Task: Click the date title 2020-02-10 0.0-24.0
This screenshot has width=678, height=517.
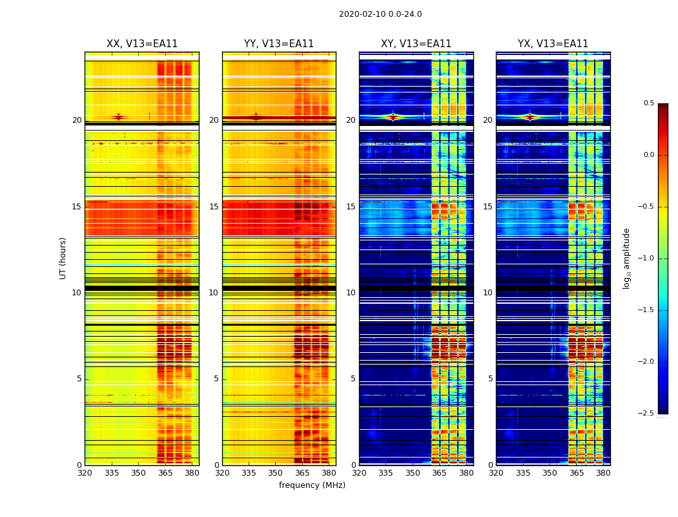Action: click(380, 14)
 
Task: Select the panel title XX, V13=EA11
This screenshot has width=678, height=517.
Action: click(142, 44)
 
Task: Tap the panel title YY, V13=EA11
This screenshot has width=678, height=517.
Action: click(279, 44)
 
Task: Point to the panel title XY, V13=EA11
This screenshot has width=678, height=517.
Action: click(416, 44)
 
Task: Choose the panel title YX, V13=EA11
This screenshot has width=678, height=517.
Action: click(553, 44)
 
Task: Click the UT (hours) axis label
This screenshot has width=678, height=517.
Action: click(63, 258)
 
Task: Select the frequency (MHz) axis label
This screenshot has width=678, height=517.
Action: click(312, 485)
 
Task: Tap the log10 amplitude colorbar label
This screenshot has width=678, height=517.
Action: click(626, 258)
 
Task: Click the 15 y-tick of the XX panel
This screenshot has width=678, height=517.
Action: click(77, 207)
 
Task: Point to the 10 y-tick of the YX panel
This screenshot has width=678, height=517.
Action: click(489, 293)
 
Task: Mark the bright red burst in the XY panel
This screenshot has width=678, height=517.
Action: click(393, 117)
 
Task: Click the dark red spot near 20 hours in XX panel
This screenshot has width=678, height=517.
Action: click(118, 117)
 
